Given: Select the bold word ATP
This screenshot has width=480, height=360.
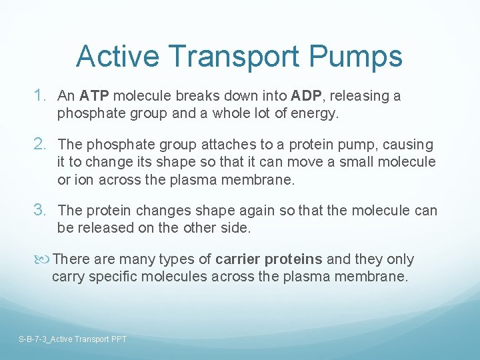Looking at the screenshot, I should click(x=96, y=96).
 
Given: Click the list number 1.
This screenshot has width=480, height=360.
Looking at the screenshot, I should click(x=40, y=96).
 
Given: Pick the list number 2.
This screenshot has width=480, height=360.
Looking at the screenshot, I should click(x=40, y=145).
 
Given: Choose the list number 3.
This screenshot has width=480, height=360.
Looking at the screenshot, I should click(x=40, y=211).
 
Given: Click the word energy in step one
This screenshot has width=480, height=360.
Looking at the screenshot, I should click(x=317, y=113).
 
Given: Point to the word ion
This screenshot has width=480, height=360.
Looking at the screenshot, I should click(x=83, y=179).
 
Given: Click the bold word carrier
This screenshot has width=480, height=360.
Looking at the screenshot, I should click(x=239, y=259).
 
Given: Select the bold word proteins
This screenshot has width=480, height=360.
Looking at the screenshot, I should click(x=293, y=259).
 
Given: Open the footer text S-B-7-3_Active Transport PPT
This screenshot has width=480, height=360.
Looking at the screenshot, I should click(x=73, y=339).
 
